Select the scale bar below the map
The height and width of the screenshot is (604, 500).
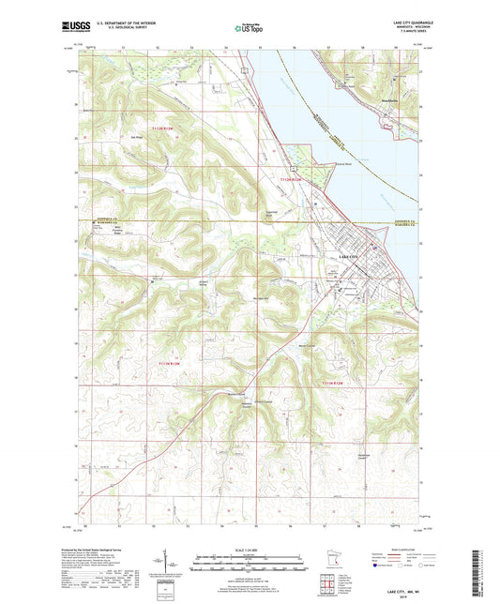click(x=250, y=565)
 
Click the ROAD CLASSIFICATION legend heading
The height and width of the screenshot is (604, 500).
click(x=409, y=550)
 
